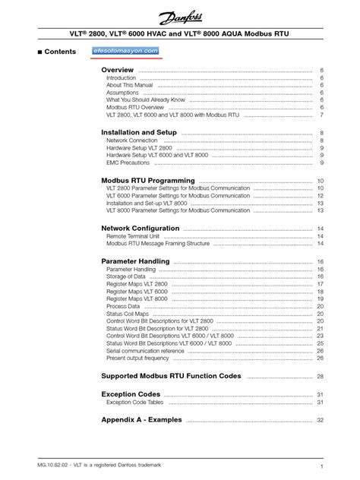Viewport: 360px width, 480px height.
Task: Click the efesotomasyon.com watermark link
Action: [x=125, y=51]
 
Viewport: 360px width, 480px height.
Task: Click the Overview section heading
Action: [x=118, y=70]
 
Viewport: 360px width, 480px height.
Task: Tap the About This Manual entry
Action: [x=129, y=86]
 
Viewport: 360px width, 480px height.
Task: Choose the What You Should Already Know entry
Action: [x=145, y=99]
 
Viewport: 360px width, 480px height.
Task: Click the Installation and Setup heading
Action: [x=139, y=133]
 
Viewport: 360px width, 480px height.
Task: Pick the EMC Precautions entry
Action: [x=128, y=163]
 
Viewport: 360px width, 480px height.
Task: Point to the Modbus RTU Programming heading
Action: [x=148, y=181]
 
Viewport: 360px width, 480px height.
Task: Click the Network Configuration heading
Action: [x=141, y=229]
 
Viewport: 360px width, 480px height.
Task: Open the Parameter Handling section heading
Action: [x=135, y=262]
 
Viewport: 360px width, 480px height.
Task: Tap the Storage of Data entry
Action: [x=127, y=277]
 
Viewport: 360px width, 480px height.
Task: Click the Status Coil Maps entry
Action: [x=128, y=314]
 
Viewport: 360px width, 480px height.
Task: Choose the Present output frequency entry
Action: [x=137, y=358]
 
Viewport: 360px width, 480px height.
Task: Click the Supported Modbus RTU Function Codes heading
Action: [x=172, y=376]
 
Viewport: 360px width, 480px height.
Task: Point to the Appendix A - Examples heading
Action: [x=141, y=420]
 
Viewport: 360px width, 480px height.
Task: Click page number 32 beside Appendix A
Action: [x=321, y=420]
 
